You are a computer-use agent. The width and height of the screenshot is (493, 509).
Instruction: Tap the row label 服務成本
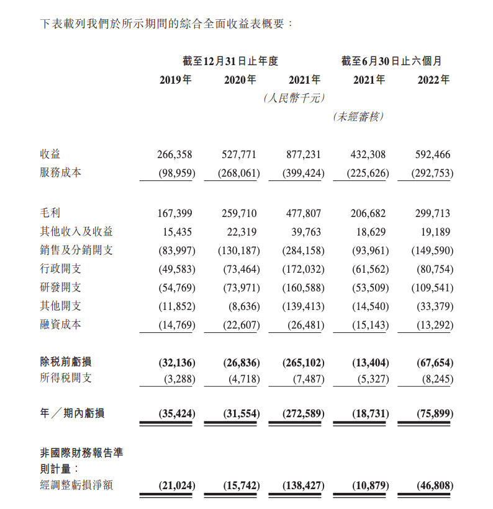point(60,173)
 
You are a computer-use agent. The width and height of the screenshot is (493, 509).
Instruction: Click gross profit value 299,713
point(433,213)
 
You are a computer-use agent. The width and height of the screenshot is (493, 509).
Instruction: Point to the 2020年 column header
point(240,80)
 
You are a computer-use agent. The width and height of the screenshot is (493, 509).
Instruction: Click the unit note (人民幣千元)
point(294,98)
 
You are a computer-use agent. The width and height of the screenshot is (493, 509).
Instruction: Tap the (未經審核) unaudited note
point(358,116)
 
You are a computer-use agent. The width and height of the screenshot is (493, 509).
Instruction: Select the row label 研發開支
point(60,288)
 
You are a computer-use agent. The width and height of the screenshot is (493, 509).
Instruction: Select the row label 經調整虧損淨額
point(76,485)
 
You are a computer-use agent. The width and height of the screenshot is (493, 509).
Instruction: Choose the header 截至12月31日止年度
point(230,61)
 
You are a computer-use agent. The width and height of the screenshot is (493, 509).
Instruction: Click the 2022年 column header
point(434,80)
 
